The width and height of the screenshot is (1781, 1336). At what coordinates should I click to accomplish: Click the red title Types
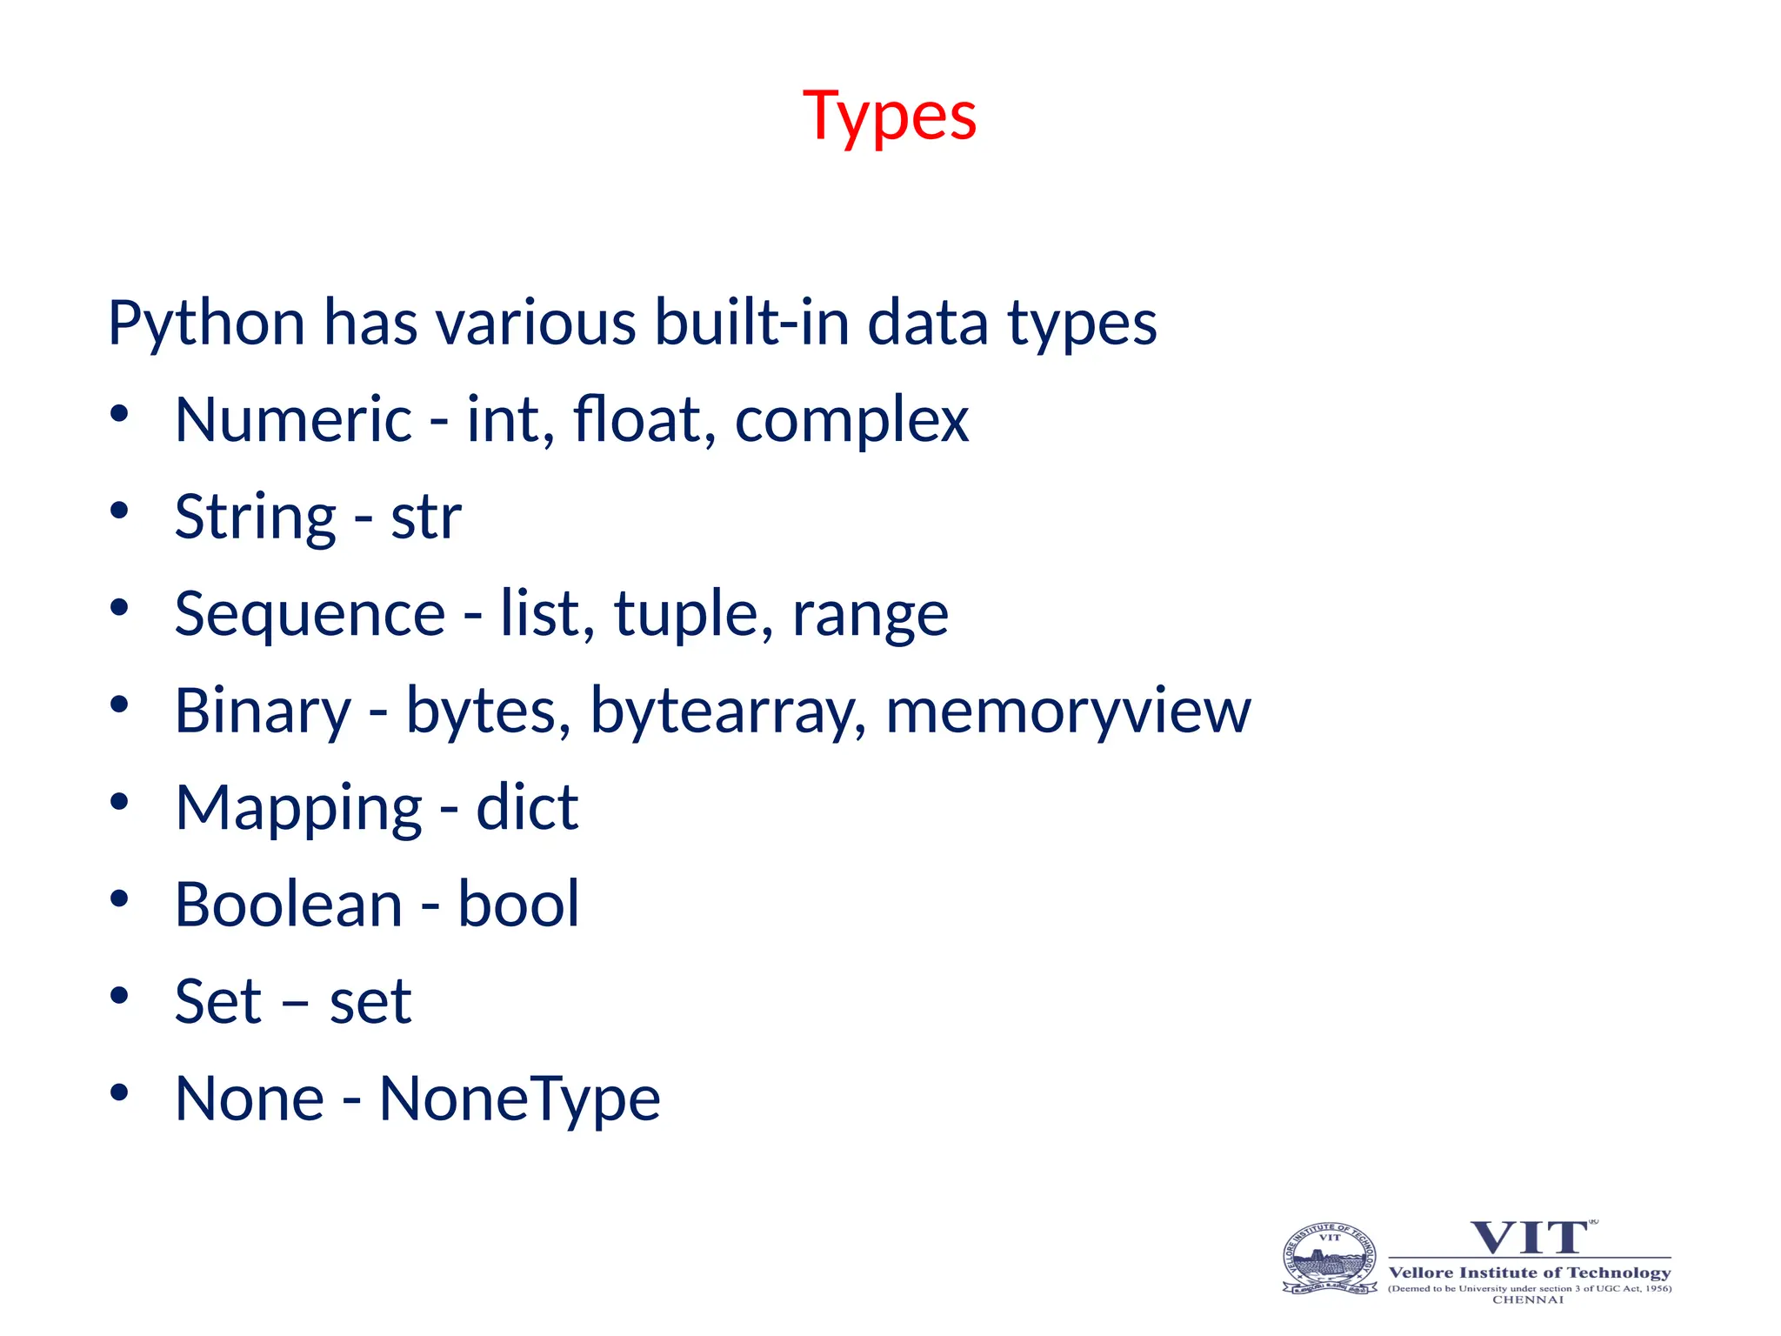(890, 117)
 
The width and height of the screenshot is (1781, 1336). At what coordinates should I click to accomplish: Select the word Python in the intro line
(205, 324)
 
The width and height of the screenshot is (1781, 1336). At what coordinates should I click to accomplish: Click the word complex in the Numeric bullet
(851, 421)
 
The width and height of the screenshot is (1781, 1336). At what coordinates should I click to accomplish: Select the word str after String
(426, 518)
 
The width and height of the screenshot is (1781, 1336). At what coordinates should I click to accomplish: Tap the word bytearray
(728, 712)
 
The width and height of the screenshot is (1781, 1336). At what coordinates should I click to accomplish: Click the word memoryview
(1068, 712)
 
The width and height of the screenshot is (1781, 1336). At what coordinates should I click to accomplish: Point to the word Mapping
(298, 810)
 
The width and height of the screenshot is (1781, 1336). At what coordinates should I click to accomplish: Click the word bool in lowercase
(518, 905)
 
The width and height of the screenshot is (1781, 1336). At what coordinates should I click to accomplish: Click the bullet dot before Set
(119, 995)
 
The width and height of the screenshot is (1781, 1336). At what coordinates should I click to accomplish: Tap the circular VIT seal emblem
(1330, 1259)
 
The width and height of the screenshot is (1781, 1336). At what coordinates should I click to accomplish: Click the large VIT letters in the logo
(1529, 1237)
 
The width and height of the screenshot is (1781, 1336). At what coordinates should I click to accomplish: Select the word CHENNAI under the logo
(1528, 1299)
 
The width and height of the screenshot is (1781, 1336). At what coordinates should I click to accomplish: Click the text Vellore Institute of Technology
(1530, 1273)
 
